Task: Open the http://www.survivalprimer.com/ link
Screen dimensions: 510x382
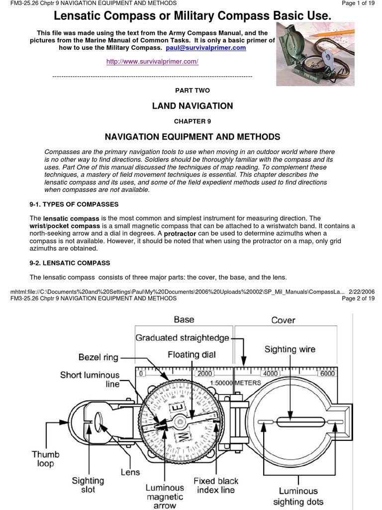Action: coord(153,61)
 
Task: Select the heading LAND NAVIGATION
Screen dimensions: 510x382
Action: coord(192,106)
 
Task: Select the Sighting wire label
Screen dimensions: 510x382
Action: coord(289,349)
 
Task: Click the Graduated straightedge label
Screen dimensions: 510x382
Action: coord(182,338)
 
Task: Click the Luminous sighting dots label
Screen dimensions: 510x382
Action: coord(300,497)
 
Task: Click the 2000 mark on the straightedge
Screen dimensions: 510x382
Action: coord(204,374)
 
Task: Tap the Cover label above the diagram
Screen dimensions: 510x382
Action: coord(283,320)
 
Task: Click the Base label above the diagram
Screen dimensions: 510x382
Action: coord(184,319)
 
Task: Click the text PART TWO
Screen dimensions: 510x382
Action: coord(192,90)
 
